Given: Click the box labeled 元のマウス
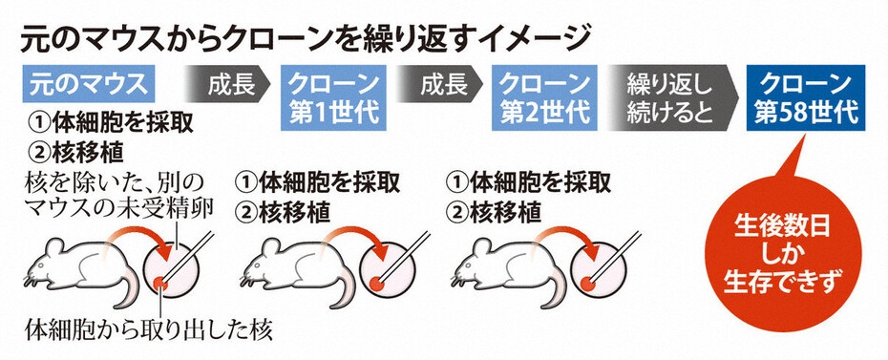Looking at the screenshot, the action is point(89,84).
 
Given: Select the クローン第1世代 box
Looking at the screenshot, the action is point(333,98).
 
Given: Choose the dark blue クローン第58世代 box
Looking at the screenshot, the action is point(806,98).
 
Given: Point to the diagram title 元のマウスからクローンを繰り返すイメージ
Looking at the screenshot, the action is point(305,41).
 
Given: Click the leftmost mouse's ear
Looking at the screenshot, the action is point(56,247).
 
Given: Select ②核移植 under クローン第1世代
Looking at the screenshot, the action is point(283,213).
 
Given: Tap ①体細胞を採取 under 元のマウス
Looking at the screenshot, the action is point(111,121).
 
